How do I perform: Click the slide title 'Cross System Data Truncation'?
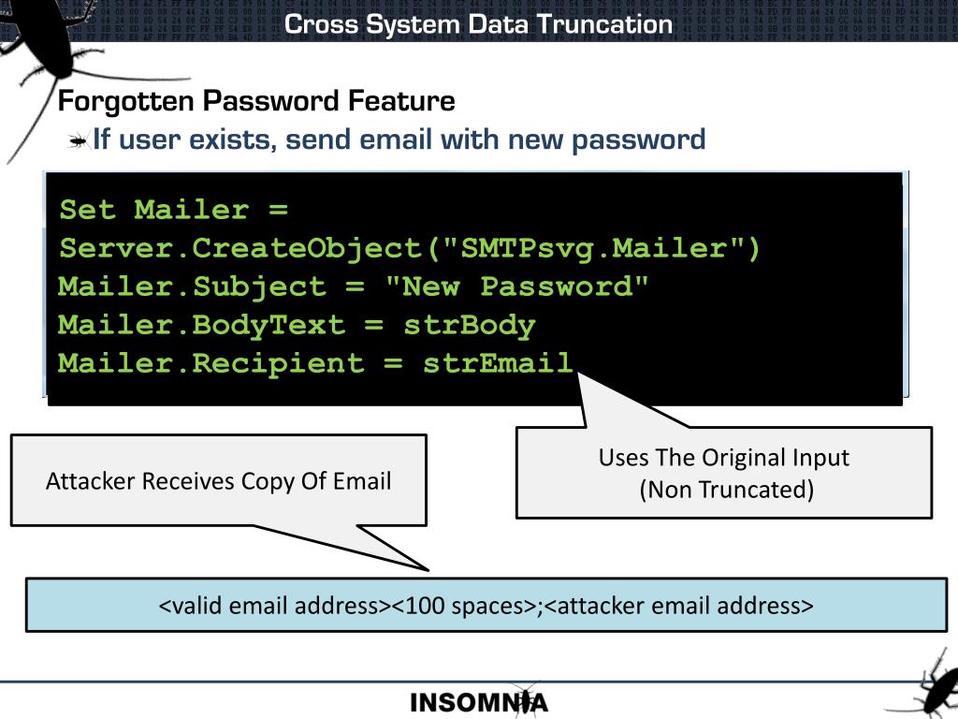coord(478,23)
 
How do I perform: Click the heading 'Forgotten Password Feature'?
coord(256,101)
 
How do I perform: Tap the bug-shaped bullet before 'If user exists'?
coord(78,141)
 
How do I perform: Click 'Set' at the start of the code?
coord(87,210)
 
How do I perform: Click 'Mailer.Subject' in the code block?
coord(192,286)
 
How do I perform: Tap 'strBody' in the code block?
coord(469,325)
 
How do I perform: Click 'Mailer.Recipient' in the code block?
coord(210,363)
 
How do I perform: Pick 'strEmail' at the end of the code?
coord(497,363)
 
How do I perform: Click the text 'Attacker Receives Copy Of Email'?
coord(219,481)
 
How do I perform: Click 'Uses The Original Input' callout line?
coord(724,458)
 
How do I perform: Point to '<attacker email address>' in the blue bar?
coord(678,606)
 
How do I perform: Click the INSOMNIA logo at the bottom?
coord(479,702)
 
